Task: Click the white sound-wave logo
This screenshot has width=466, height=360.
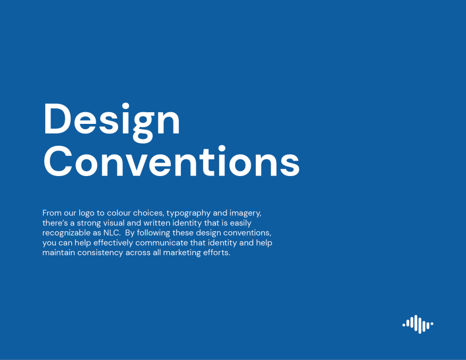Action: [418, 323]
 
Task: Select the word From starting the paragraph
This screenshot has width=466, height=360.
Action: [52, 213]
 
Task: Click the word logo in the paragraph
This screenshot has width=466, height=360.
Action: [86, 213]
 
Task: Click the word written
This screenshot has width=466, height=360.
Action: [163, 223]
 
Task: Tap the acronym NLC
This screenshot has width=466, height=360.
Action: [111, 233]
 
